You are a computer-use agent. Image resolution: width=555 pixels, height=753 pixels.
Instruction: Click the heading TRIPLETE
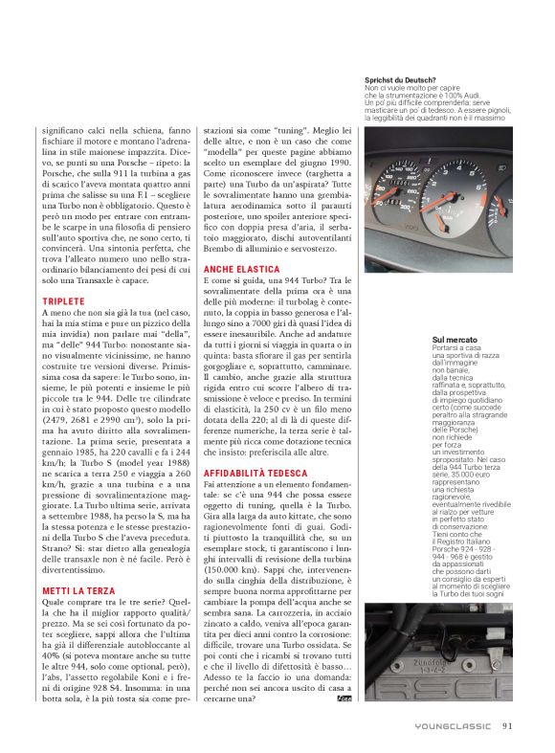(x=63, y=300)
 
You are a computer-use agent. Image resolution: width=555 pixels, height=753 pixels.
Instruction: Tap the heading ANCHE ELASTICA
(x=242, y=270)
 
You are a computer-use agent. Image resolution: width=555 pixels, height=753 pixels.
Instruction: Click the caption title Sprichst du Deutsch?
(x=400, y=79)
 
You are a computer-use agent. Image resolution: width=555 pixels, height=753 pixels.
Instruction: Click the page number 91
(x=507, y=724)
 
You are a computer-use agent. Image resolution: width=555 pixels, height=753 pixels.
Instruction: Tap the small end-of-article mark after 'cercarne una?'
(x=344, y=701)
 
